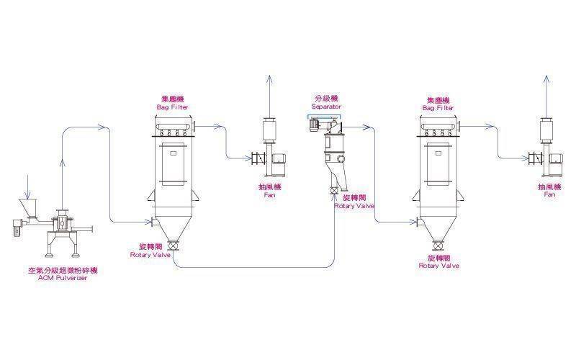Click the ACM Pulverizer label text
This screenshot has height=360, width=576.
tap(62, 274)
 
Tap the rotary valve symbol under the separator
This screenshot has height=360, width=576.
tap(333, 191)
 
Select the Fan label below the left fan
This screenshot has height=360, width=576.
tap(269, 190)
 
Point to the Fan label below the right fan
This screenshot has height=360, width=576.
tap(550, 190)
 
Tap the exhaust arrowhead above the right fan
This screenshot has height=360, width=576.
tap(550, 78)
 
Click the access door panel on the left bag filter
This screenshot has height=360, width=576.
tap(174, 162)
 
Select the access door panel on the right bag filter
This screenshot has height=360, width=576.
tap(438, 162)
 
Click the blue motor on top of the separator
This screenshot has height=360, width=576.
tap(313, 125)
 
